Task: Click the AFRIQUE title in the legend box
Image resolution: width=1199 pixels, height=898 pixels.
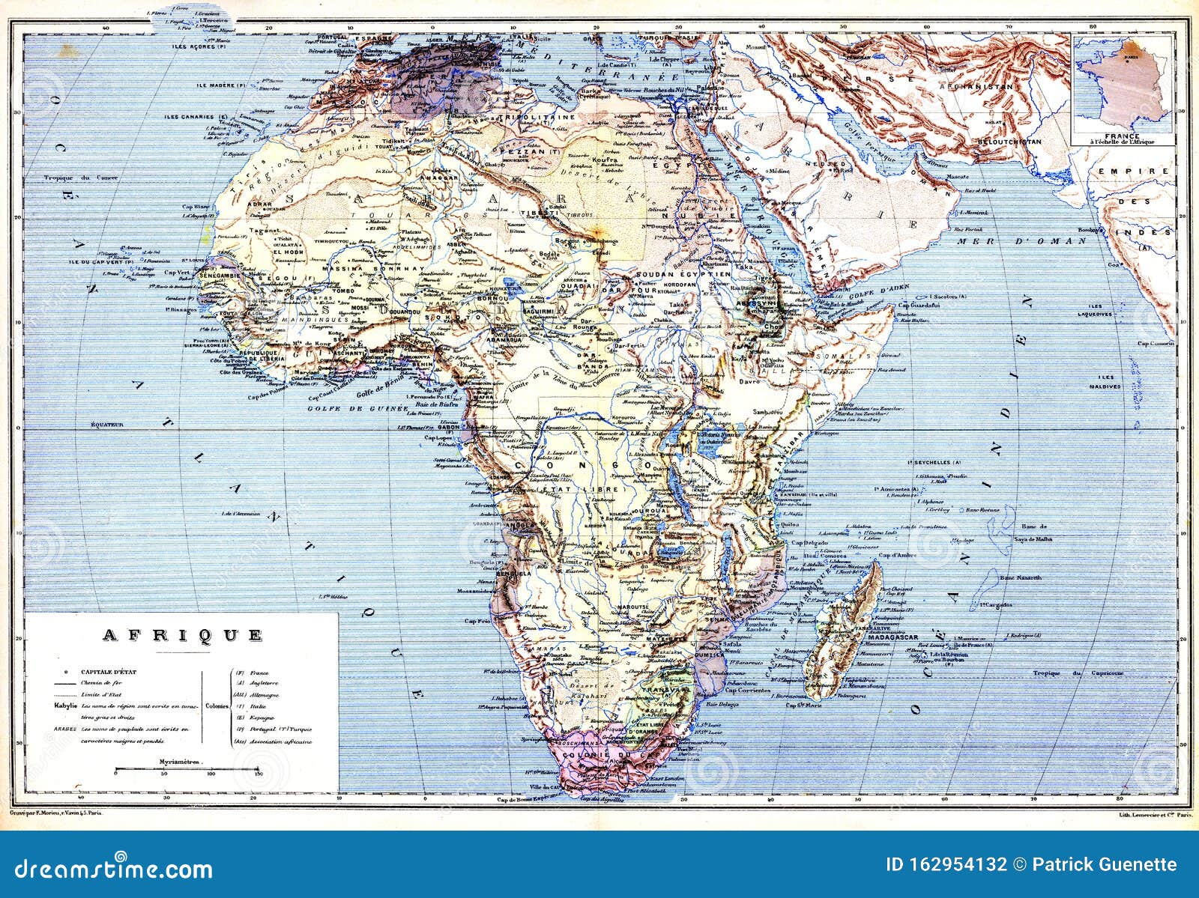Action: [181, 635]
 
